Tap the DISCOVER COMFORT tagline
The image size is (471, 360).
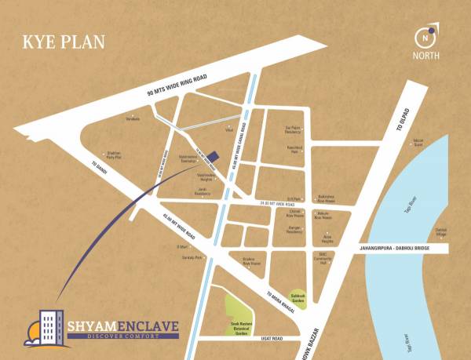point(123,336)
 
